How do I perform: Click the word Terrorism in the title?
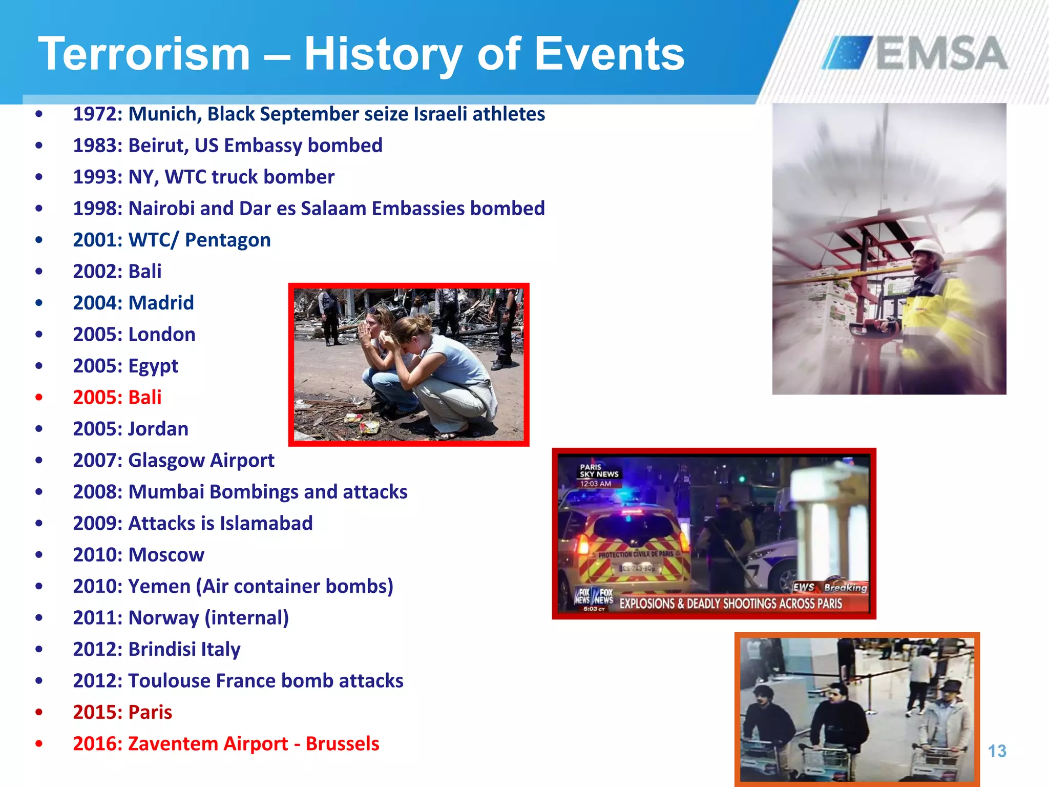pyautogui.click(x=144, y=54)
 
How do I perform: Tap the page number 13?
pyautogui.click(x=997, y=751)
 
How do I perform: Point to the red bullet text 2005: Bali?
pyautogui.click(x=117, y=398)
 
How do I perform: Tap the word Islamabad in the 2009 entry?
pyautogui.click(x=266, y=524)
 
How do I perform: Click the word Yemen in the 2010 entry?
pyautogui.click(x=159, y=587)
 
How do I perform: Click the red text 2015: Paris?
pyautogui.click(x=122, y=713)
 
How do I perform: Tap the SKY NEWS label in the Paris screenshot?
pyautogui.click(x=599, y=474)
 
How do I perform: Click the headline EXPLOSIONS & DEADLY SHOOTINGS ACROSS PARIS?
pyautogui.click(x=730, y=604)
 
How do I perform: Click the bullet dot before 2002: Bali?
pyautogui.click(x=39, y=272)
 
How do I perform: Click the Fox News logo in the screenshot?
pyautogui.click(x=594, y=596)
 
